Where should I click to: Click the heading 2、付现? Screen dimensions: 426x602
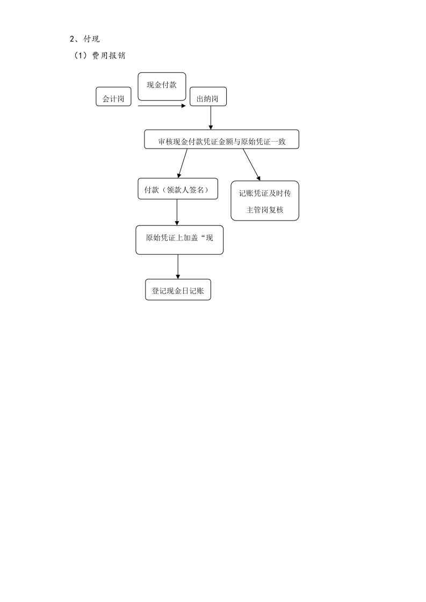(84, 39)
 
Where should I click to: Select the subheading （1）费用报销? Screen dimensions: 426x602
(99, 55)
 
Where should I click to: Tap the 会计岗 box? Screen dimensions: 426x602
(113, 97)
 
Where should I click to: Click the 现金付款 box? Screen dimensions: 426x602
(162, 87)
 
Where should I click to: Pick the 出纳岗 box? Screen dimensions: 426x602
(208, 97)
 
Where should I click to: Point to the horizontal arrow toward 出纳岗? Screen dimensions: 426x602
(162, 105)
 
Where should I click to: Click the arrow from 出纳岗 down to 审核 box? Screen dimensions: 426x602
(211, 118)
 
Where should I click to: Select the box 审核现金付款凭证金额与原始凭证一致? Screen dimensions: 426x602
(221, 139)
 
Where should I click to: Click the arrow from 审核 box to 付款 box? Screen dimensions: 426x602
(182, 163)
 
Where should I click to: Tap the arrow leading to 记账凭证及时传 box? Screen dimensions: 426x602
(251, 165)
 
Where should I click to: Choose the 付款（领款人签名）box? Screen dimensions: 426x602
(178, 188)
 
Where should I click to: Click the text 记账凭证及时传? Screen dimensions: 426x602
(264, 193)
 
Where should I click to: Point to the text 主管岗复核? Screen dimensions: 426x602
(264, 210)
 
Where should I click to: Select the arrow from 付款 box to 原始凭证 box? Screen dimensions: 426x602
(177, 212)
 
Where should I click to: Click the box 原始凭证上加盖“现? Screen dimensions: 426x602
(179, 240)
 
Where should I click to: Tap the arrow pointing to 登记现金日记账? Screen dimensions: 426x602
(178, 267)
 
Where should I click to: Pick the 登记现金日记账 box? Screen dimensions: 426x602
(178, 290)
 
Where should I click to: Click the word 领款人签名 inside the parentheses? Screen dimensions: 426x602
(186, 190)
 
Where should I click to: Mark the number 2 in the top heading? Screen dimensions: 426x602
(72, 39)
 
